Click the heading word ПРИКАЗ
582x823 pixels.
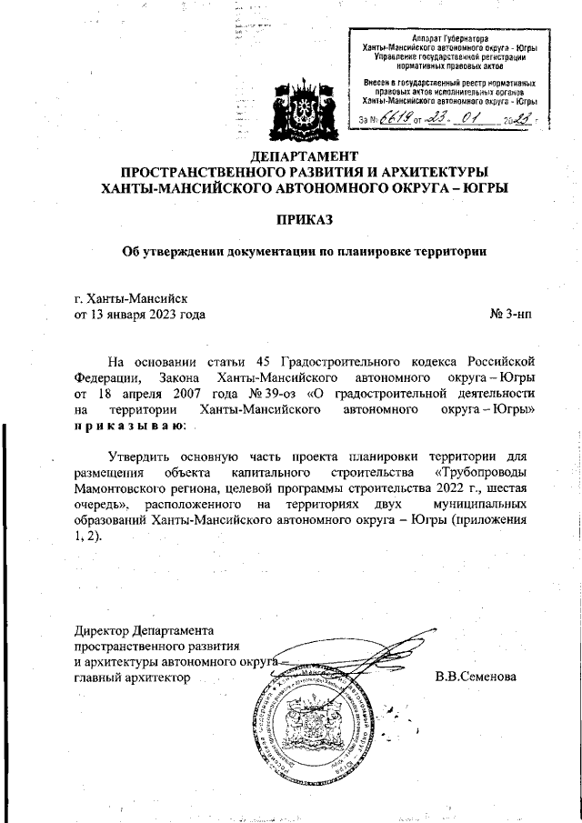pos(306,220)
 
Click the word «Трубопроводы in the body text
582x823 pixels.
pos(486,473)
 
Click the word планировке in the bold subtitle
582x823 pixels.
pos(361,252)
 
